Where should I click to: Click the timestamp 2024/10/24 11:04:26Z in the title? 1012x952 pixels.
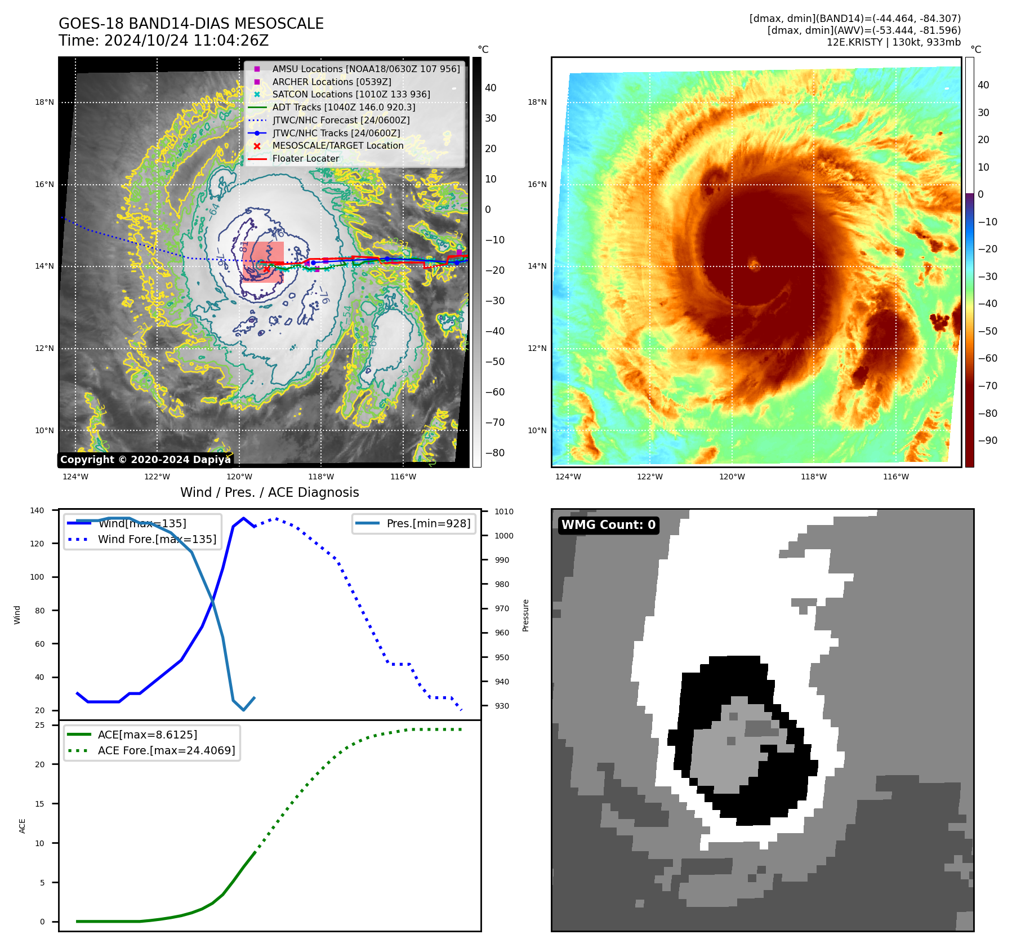point(186,41)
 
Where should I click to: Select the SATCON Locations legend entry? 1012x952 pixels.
point(351,95)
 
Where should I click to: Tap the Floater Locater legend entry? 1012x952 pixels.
point(305,159)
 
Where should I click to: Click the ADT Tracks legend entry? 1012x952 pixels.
point(344,108)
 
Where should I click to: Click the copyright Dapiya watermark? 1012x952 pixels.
point(145,460)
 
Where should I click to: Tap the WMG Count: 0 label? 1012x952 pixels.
point(608,525)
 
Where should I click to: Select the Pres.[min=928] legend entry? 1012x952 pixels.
point(428,524)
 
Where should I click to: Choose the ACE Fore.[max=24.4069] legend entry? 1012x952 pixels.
point(166,750)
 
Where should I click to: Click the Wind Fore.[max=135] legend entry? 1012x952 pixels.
point(157,539)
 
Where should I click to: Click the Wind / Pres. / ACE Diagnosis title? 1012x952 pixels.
point(269,493)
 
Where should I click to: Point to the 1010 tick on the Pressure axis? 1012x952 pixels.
point(504,511)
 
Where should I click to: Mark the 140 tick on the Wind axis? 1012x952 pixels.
point(37,510)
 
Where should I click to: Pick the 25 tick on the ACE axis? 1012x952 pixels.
point(39,725)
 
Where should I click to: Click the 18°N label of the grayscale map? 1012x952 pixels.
point(44,103)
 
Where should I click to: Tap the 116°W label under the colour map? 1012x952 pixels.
point(895,477)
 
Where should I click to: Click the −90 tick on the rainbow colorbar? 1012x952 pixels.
point(987,441)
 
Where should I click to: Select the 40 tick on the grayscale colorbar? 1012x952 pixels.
point(491,88)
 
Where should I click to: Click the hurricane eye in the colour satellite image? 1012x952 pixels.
point(754,263)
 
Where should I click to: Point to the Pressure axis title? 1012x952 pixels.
point(525,615)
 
